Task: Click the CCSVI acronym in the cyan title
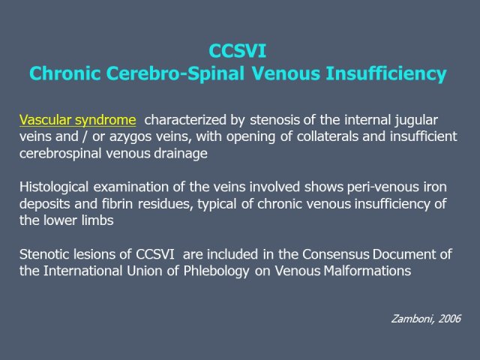click(238, 51)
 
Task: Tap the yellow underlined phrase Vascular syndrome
click(78, 120)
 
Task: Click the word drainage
click(180, 154)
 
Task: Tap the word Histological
click(54, 187)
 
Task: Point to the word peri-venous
click(382, 187)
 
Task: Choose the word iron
click(435, 187)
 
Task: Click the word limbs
click(97, 220)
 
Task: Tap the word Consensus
click(336, 254)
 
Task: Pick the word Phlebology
click(216, 271)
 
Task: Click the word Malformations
click(367, 271)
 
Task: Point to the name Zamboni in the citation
click(412, 319)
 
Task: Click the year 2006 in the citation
click(449, 319)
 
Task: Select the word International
click(82, 271)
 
